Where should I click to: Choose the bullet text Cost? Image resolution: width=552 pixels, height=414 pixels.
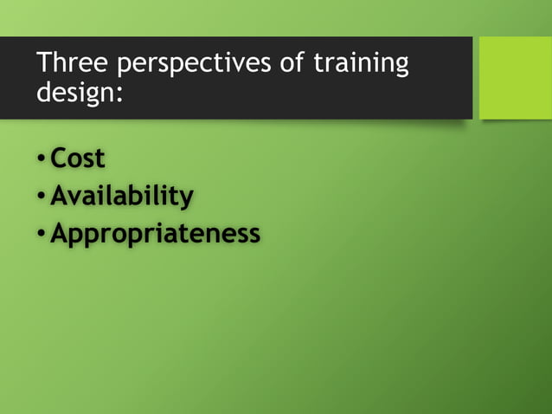[78, 159]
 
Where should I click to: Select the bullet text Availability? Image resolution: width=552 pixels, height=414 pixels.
[121, 197]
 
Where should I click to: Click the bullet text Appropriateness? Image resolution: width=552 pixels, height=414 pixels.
[155, 235]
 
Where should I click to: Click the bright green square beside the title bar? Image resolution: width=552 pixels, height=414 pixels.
[515, 78]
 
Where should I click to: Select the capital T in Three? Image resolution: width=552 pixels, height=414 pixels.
[43, 64]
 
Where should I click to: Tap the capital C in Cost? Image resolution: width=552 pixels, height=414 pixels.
[60, 159]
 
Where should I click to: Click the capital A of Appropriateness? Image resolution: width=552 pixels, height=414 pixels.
[60, 234]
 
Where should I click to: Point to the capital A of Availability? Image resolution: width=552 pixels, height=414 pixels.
[60, 197]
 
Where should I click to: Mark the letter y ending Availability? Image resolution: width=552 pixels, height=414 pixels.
[186, 200]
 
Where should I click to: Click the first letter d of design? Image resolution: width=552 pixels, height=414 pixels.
[43, 92]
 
